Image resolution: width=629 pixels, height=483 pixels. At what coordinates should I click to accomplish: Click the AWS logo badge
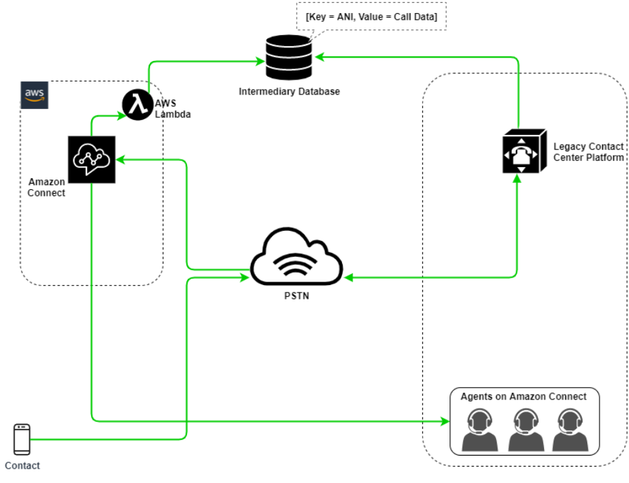35,95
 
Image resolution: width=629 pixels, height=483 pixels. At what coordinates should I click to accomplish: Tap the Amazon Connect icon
92,160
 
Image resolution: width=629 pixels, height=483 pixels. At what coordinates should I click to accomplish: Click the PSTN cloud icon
296,261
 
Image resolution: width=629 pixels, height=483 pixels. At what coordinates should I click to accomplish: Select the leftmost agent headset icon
480,430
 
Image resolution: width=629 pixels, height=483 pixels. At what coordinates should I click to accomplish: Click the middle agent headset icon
526,430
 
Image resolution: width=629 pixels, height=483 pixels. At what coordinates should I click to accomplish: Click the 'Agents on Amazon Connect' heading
523,397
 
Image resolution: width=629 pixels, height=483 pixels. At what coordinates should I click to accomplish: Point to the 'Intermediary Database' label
289,91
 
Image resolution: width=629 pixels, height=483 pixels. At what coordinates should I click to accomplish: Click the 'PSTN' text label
296,296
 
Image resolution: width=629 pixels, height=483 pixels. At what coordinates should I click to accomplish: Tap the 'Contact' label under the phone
23,466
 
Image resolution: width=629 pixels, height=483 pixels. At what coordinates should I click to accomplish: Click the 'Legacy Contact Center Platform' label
589,152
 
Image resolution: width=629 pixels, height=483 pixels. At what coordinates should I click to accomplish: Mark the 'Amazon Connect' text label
47,187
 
